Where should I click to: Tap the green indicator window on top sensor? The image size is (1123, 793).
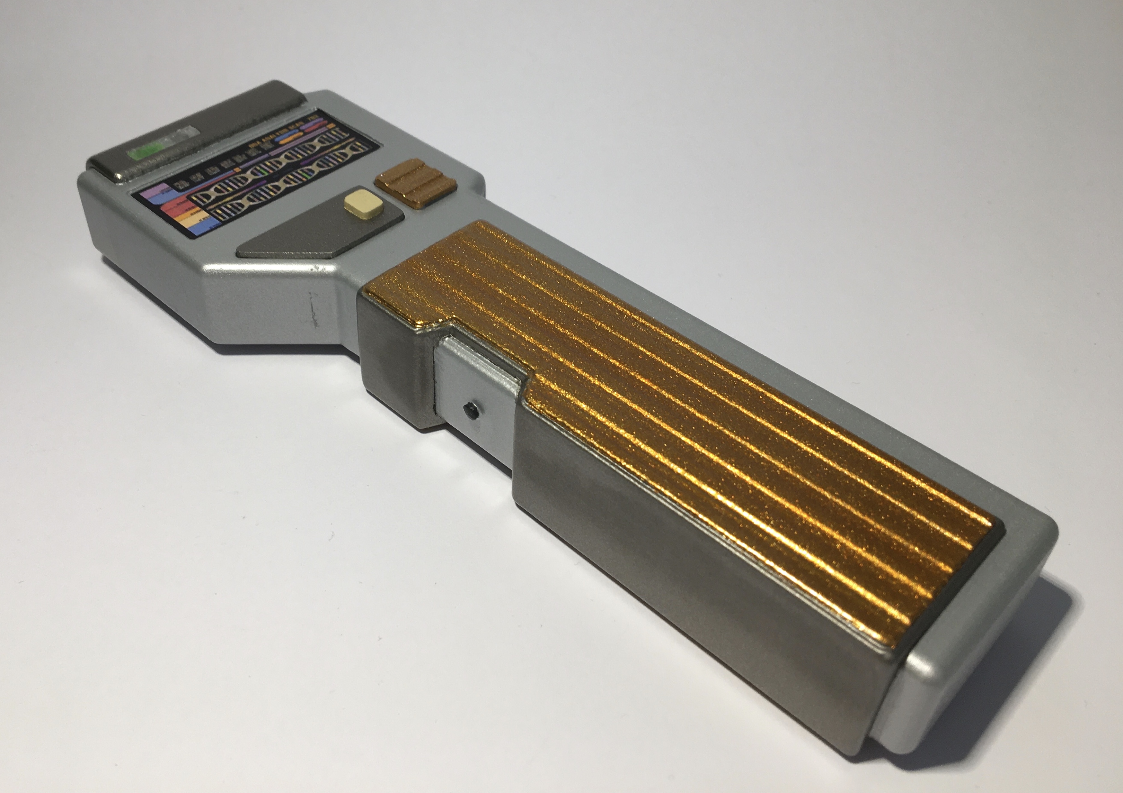pyautogui.click(x=144, y=153)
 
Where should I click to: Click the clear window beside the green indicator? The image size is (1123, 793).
pyautogui.click(x=188, y=135)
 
